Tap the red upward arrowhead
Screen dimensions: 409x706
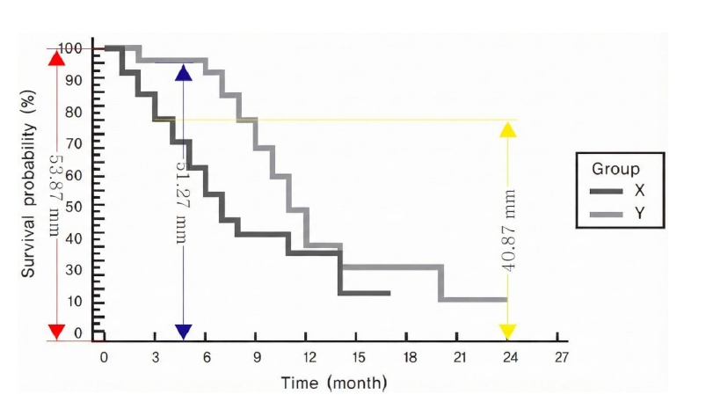click(x=56, y=55)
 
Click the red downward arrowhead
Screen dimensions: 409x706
click(x=56, y=331)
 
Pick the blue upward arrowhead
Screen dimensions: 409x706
click(x=183, y=72)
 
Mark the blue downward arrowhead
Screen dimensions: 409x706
click(x=183, y=331)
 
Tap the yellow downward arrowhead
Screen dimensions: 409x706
click(x=508, y=331)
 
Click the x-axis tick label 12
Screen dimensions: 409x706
click(x=309, y=357)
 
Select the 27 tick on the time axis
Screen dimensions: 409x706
click(x=562, y=357)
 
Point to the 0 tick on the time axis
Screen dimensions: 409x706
click(x=104, y=357)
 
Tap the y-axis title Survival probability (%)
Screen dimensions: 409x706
click(x=28, y=189)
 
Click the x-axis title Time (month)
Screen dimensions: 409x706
click(x=333, y=383)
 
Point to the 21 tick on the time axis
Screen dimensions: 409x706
click(x=460, y=357)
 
